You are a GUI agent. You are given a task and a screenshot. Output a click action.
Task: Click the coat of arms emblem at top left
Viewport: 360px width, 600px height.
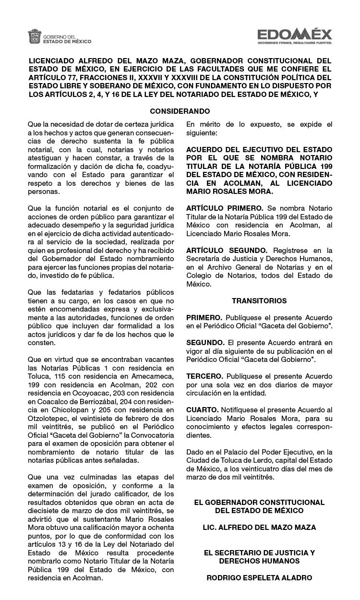pyautogui.click(x=35, y=36)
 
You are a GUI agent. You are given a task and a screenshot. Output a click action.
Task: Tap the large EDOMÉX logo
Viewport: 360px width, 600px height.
pyautogui.click(x=294, y=34)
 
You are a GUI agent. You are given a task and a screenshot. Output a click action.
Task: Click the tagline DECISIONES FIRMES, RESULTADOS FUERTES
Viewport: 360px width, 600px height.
pyautogui.click(x=294, y=43)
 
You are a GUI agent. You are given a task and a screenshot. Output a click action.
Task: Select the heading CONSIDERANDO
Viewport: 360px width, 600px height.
pyautogui.click(x=180, y=111)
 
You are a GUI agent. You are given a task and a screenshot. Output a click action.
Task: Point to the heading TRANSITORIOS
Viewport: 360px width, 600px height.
pyautogui.click(x=259, y=301)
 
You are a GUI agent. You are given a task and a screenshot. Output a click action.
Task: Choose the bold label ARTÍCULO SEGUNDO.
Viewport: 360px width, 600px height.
pyautogui.click(x=227, y=251)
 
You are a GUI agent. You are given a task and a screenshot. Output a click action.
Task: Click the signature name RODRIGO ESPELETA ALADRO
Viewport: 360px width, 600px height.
pyautogui.click(x=259, y=578)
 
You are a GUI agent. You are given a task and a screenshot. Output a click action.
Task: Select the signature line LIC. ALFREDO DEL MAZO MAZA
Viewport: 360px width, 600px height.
pyautogui.click(x=259, y=528)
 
